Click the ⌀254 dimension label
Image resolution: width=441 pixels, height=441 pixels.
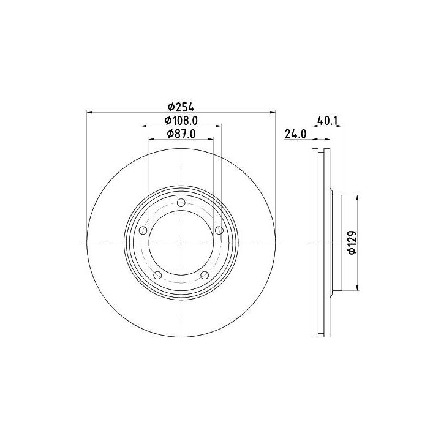click(181, 107)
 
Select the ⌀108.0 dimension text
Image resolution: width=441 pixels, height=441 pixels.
click(181, 121)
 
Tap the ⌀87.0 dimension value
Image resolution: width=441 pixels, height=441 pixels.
click(181, 134)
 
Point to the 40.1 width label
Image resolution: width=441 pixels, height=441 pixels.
click(328, 120)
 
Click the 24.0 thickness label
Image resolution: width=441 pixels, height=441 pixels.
click(296, 134)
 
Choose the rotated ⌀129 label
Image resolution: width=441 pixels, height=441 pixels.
click(352, 242)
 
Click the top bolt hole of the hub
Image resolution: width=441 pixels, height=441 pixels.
click(181, 203)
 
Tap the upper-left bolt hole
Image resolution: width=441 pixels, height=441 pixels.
click(143, 230)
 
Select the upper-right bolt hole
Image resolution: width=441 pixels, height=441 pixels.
click(219, 230)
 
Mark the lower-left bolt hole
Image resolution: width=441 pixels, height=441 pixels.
click(157, 275)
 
